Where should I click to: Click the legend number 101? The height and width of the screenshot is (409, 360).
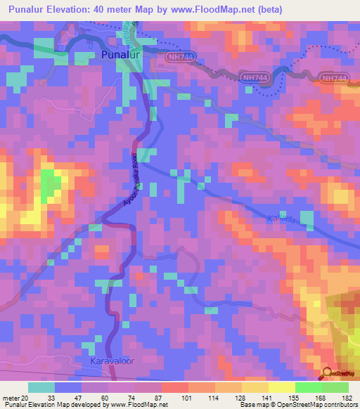(188, 397)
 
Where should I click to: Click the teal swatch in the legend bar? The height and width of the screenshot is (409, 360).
(41, 387)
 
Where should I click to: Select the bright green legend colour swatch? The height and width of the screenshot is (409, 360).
(309, 387)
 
